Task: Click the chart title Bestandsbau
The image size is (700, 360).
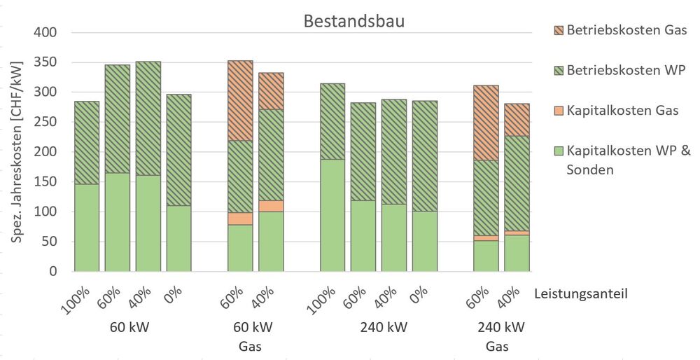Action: tap(353, 21)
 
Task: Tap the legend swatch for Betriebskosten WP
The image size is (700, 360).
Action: tap(556, 70)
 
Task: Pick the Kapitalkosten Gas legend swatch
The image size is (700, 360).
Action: tap(556, 111)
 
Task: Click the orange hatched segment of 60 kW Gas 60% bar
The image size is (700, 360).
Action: tap(240, 101)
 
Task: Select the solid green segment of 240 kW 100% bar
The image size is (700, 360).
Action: tap(332, 215)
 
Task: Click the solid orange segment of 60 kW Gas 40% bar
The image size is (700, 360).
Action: tap(271, 206)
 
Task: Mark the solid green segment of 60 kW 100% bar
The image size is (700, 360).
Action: tap(87, 227)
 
